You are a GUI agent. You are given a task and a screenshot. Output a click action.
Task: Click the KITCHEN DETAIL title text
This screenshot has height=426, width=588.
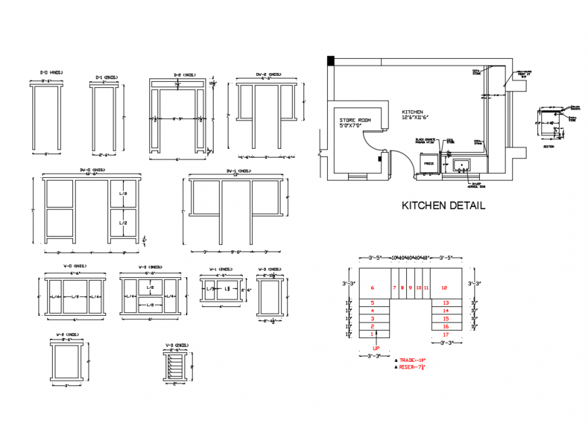[443, 206]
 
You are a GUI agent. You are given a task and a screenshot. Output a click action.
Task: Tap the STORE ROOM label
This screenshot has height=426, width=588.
[355, 119]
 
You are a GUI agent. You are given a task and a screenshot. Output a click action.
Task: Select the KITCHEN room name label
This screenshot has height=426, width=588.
[412, 112]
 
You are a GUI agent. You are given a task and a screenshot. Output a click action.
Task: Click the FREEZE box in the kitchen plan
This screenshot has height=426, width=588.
[428, 164]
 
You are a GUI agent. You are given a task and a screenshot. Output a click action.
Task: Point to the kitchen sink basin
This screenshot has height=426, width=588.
[463, 164]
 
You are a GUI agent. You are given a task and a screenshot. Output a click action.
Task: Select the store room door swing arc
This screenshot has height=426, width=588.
[374, 139]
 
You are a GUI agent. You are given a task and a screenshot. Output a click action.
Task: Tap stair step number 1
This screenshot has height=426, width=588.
[372, 334]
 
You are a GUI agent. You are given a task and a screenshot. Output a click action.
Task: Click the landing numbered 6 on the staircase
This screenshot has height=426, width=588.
[372, 287]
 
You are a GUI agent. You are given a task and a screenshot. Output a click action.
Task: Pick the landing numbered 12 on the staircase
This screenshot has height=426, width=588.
[445, 287]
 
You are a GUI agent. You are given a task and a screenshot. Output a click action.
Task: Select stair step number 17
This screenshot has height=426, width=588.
[445, 334]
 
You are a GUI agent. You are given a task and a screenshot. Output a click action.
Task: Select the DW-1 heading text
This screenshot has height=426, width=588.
[235, 170]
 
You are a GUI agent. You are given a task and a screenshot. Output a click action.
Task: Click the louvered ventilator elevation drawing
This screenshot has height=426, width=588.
[175, 368]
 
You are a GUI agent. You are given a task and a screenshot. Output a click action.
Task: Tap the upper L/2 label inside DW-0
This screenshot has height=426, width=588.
[123, 194]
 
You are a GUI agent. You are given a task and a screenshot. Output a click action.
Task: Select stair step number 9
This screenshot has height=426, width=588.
[410, 287]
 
